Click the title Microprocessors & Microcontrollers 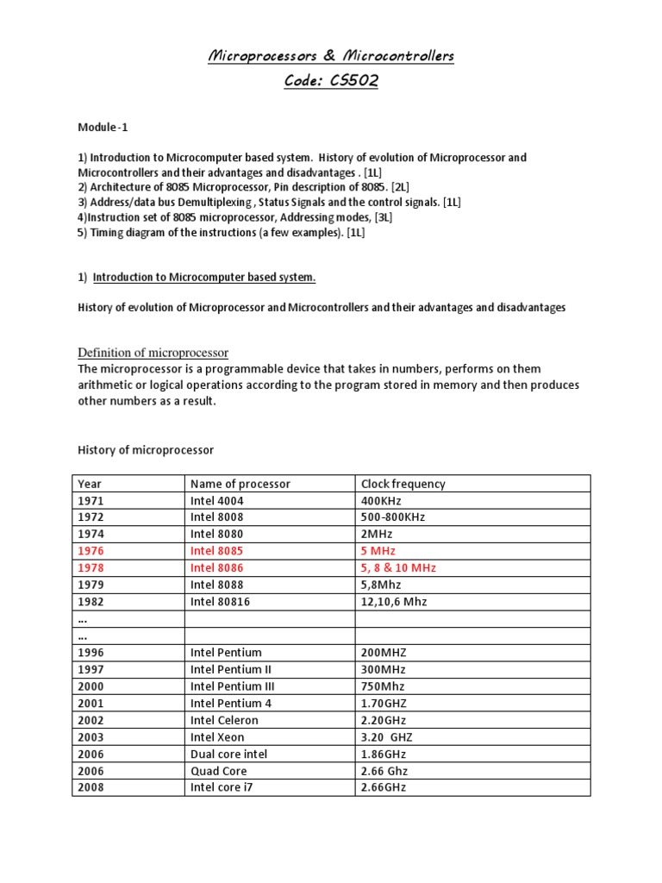[x=331, y=57]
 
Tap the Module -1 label [x=103, y=127]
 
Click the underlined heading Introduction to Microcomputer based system [x=204, y=277]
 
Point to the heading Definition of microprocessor [x=153, y=353]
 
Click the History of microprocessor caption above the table [x=146, y=450]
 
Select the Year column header [x=90, y=484]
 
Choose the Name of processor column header [x=240, y=484]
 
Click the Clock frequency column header [x=403, y=484]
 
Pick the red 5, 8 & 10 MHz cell [x=399, y=568]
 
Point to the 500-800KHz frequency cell [x=393, y=517]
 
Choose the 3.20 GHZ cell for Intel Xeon [x=388, y=737]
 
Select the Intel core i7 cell [x=222, y=787]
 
